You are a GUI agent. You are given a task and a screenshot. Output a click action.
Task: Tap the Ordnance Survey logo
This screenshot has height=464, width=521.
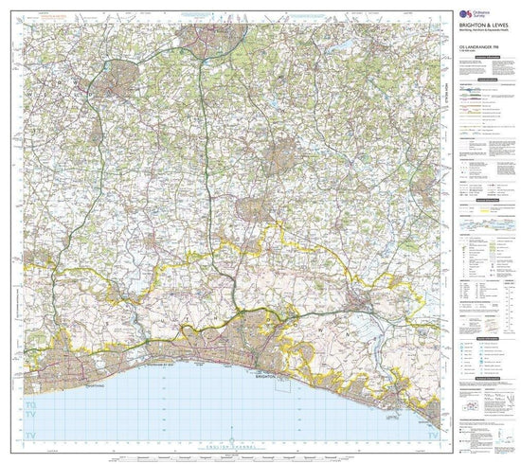pos(467,12)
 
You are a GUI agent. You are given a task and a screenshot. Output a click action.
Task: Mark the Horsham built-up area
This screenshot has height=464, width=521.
pos(121,76)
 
